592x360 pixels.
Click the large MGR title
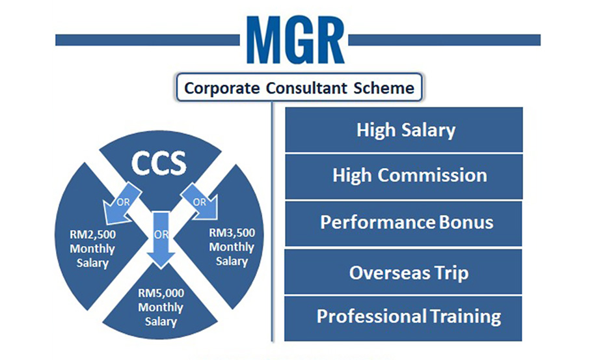295,40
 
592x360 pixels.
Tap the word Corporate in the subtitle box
222,89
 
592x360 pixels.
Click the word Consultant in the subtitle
306,88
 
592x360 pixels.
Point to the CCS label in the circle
159,163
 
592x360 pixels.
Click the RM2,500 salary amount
92,234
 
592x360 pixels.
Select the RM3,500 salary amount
232,232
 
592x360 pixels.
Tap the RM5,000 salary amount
161,293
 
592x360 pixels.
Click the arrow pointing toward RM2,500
120,204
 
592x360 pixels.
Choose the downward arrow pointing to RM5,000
161,240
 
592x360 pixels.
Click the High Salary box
403,130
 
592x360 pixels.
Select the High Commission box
403,176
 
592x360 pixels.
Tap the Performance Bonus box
403,224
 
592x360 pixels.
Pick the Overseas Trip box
403,271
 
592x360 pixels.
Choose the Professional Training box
403,319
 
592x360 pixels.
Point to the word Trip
451,273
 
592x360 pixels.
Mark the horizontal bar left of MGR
148,40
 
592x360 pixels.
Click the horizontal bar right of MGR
444,40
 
